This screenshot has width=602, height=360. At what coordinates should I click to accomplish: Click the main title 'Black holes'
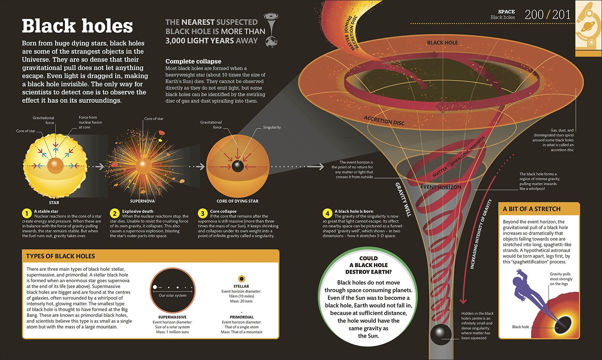click(78, 26)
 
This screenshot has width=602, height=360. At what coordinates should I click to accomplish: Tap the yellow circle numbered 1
click(27, 214)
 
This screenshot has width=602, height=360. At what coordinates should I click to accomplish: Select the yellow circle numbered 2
click(114, 214)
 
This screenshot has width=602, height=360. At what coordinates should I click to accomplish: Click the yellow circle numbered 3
click(202, 214)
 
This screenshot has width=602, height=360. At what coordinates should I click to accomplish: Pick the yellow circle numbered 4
click(327, 214)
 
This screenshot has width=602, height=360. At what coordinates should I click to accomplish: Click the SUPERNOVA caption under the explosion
click(143, 201)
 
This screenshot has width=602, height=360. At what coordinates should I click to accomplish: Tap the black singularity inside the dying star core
click(237, 166)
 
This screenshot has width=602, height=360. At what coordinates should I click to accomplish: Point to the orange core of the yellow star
click(55, 166)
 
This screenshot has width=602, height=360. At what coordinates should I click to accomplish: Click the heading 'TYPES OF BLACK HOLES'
click(61, 256)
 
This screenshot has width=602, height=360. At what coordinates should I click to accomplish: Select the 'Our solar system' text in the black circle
click(173, 295)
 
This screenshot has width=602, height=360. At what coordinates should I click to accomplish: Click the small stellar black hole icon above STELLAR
click(241, 279)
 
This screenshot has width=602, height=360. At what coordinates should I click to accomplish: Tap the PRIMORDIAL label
click(242, 317)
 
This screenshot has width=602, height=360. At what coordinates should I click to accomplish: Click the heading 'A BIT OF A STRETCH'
click(532, 209)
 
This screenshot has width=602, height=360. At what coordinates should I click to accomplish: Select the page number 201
click(561, 15)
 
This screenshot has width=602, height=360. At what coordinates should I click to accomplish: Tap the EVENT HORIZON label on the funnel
click(441, 187)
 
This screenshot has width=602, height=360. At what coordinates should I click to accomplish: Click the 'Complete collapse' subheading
click(193, 61)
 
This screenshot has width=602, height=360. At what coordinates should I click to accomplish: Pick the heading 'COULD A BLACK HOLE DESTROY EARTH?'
click(368, 265)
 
